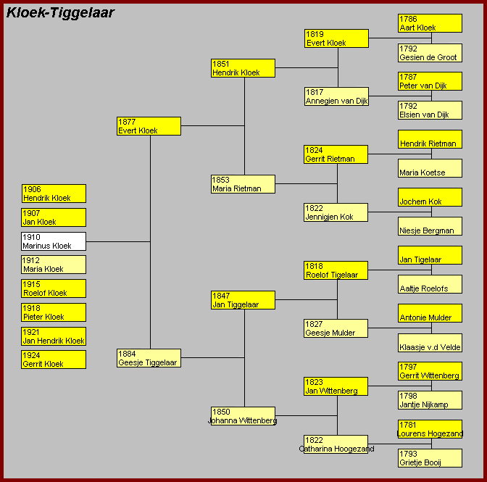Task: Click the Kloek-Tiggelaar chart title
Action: click(x=60, y=13)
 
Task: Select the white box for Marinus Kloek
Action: click(x=54, y=241)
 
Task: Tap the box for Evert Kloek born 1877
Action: click(x=149, y=126)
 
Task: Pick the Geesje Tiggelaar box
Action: click(x=149, y=358)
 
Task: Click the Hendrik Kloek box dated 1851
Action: click(x=243, y=68)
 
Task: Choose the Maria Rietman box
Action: click(x=243, y=184)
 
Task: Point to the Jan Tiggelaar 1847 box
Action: click(x=243, y=300)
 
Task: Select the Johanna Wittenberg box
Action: click(x=243, y=416)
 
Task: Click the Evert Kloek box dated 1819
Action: click(x=337, y=38)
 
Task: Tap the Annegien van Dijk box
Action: click(x=337, y=96)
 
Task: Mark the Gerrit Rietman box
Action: click(x=336, y=154)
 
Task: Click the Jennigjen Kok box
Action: click(x=336, y=212)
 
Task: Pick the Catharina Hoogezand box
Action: click(x=336, y=444)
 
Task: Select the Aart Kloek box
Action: click(x=430, y=23)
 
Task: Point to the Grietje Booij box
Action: click(x=430, y=458)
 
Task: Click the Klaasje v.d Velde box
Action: click(x=430, y=343)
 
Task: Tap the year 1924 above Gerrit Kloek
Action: click(x=31, y=355)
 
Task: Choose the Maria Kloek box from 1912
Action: click(x=54, y=265)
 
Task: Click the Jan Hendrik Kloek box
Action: click(x=54, y=336)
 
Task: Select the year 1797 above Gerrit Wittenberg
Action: click(x=408, y=367)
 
